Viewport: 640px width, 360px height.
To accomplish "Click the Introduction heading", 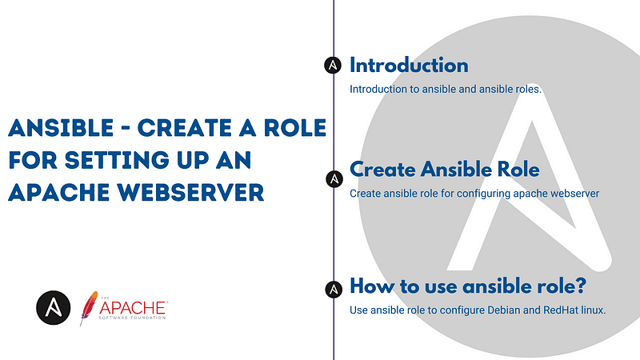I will click(x=409, y=66).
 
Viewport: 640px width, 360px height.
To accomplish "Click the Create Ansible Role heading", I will click(x=444, y=170).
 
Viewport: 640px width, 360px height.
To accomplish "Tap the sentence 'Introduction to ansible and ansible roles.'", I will click(x=446, y=89).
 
